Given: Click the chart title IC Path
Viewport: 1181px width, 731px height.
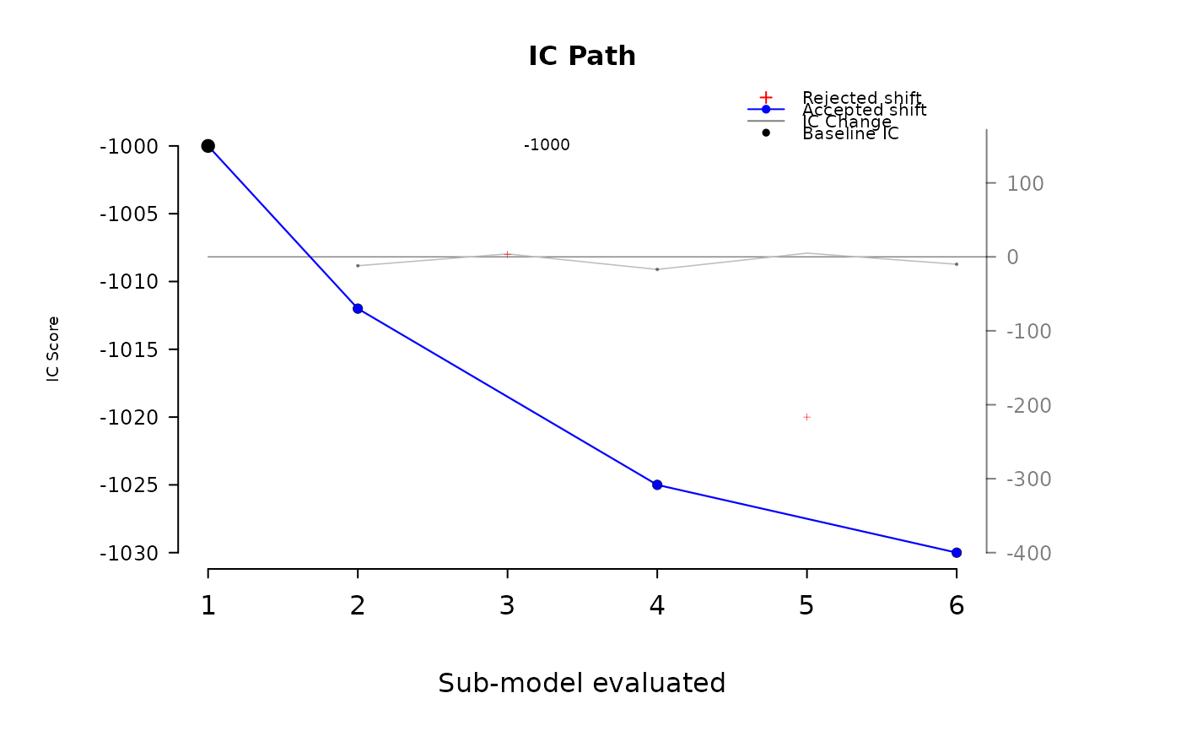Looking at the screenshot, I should tap(582, 57).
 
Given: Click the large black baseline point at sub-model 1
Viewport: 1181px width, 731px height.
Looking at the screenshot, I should tap(208, 146).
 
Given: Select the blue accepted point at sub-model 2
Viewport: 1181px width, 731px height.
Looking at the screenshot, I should tap(358, 308).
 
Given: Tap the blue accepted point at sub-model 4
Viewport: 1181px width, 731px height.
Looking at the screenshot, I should tap(657, 485).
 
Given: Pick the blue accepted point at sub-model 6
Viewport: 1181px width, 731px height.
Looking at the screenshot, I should tap(957, 553).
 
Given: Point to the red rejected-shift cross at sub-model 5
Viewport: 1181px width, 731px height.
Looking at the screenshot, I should tap(806, 417).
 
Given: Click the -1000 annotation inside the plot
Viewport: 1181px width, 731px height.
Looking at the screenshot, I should tap(547, 145).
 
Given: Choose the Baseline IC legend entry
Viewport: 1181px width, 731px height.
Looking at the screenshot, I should tap(850, 133).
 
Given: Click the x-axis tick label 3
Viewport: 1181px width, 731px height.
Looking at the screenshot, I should tap(507, 606).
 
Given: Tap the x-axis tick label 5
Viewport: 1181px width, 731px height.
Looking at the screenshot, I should tap(806, 606).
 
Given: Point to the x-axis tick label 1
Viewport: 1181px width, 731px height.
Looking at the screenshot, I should tap(208, 606).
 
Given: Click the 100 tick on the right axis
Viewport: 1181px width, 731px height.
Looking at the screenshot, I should tap(1025, 183).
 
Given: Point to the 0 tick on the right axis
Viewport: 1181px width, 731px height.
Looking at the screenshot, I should tap(1012, 257).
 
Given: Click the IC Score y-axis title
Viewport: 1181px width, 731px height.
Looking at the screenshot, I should tap(54, 349).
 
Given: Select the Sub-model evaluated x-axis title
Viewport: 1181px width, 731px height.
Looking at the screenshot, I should tap(582, 683).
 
